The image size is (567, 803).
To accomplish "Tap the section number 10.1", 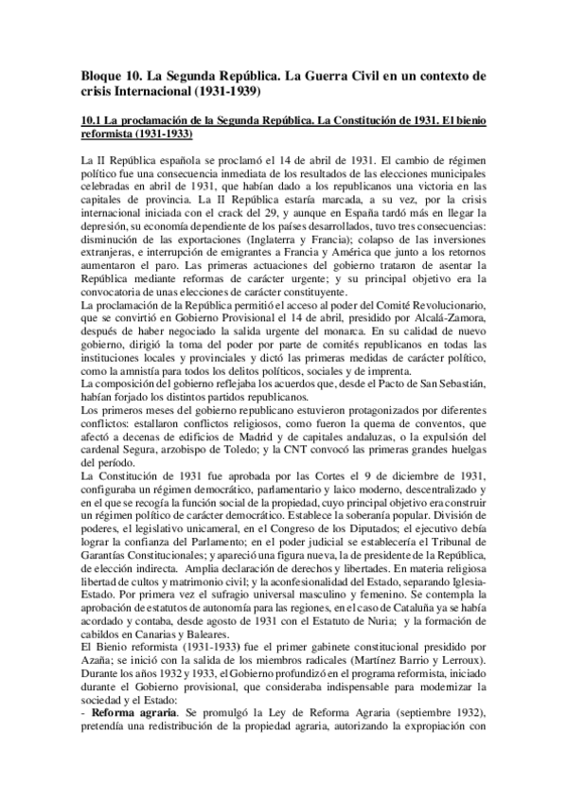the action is tap(93, 121).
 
